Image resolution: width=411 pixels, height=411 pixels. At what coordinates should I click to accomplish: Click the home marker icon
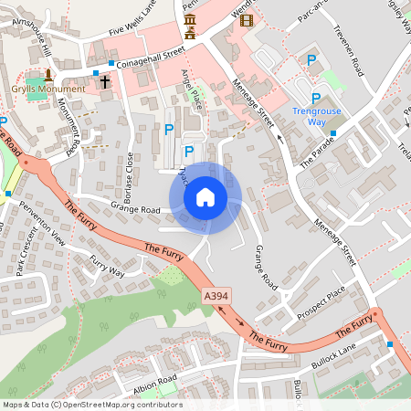(205, 197)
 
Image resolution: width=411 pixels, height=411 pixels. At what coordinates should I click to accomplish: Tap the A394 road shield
(216, 297)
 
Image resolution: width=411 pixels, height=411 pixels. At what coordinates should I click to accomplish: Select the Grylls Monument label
(49, 90)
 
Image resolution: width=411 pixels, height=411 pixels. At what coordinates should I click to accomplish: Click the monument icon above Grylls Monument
(48, 74)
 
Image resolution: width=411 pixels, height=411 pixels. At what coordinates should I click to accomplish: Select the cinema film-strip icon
(246, 20)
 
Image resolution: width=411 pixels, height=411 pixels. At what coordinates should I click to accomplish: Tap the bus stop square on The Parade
(332, 133)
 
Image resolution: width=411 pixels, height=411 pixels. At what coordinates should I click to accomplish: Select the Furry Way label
(107, 266)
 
